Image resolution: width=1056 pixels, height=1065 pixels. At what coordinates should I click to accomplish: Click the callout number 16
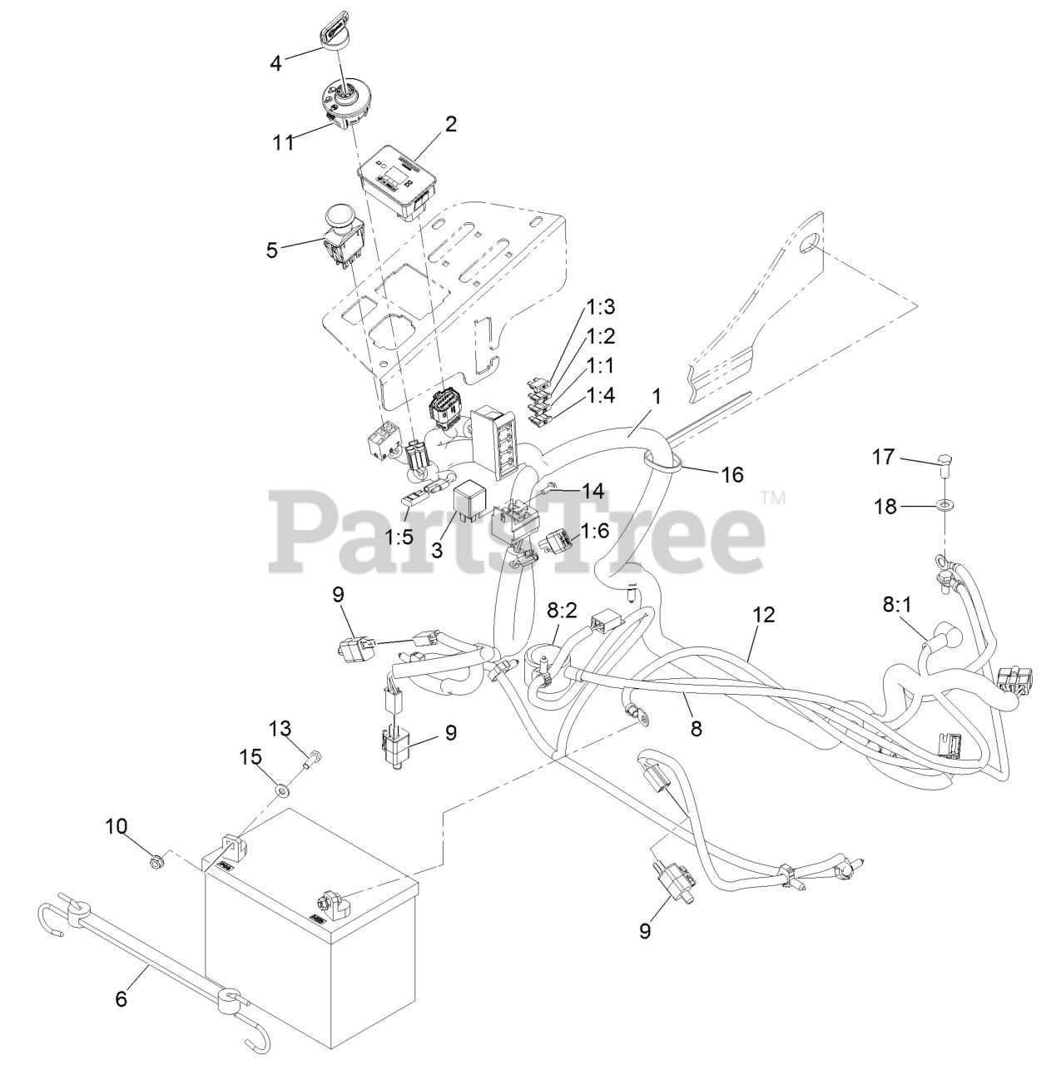[732, 474]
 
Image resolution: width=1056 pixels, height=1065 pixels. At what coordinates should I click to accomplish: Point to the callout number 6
[121, 998]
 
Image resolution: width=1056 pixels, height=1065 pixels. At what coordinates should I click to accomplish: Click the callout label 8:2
[562, 611]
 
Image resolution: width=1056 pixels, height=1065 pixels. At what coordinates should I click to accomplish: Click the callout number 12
[763, 615]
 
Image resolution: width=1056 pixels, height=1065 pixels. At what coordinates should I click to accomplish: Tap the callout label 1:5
[399, 537]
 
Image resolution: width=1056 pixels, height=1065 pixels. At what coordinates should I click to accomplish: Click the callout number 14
[592, 491]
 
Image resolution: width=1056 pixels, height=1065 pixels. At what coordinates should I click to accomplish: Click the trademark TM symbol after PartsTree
[773, 498]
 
